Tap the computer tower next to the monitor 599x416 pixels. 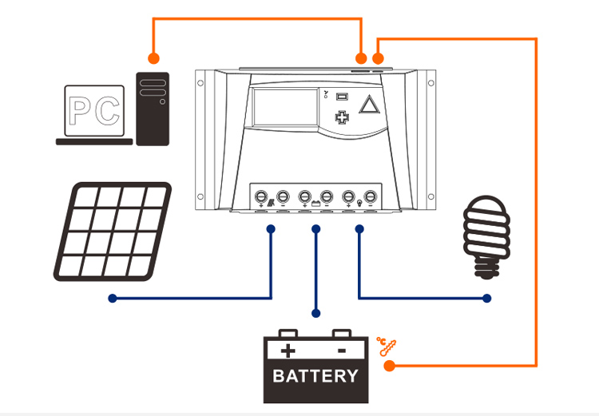click(x=153, y=109)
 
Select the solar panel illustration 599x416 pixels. click(x=112, y=232)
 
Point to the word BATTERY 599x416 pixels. click(x=315, y=375)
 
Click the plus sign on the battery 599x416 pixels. click(x=288, y=350)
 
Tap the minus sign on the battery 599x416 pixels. click(x=341, y=350)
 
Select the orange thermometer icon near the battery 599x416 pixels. click(x=386, y=347)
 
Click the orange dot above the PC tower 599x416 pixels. click(x=153, y=58)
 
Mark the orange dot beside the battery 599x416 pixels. click(x=389, y=366)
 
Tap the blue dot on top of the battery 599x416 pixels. click(x=316, y=313)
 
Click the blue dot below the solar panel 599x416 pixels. click(x=113, y=299)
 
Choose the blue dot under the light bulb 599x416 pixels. click(x=487, y=299)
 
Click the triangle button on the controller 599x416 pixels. click(x=367, y=105)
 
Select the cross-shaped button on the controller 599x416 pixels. click(x=343, y=117)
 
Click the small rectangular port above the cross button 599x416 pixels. click(x=343, y=97)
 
